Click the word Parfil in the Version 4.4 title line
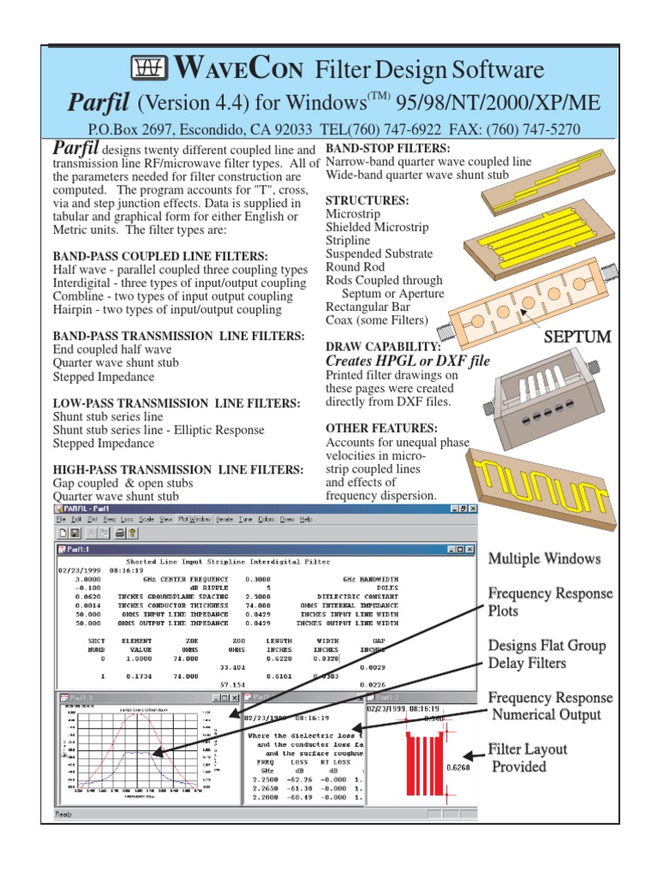click(98, 104)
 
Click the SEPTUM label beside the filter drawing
click(577, 337)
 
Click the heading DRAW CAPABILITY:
click(383, 347)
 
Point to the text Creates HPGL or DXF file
click(408, 361)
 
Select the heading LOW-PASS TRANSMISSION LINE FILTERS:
click(176, 403)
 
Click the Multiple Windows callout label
click(544, 559)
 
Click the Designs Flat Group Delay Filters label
click(547, 654)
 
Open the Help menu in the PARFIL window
click(306, 519)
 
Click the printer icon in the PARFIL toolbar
click(120, 533)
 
